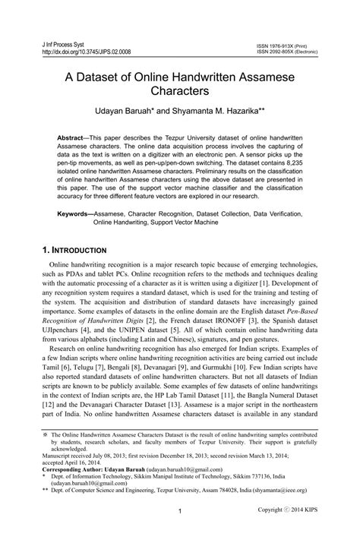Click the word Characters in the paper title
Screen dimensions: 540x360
coord(179,91)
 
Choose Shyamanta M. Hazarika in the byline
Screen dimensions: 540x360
coord(218,111)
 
